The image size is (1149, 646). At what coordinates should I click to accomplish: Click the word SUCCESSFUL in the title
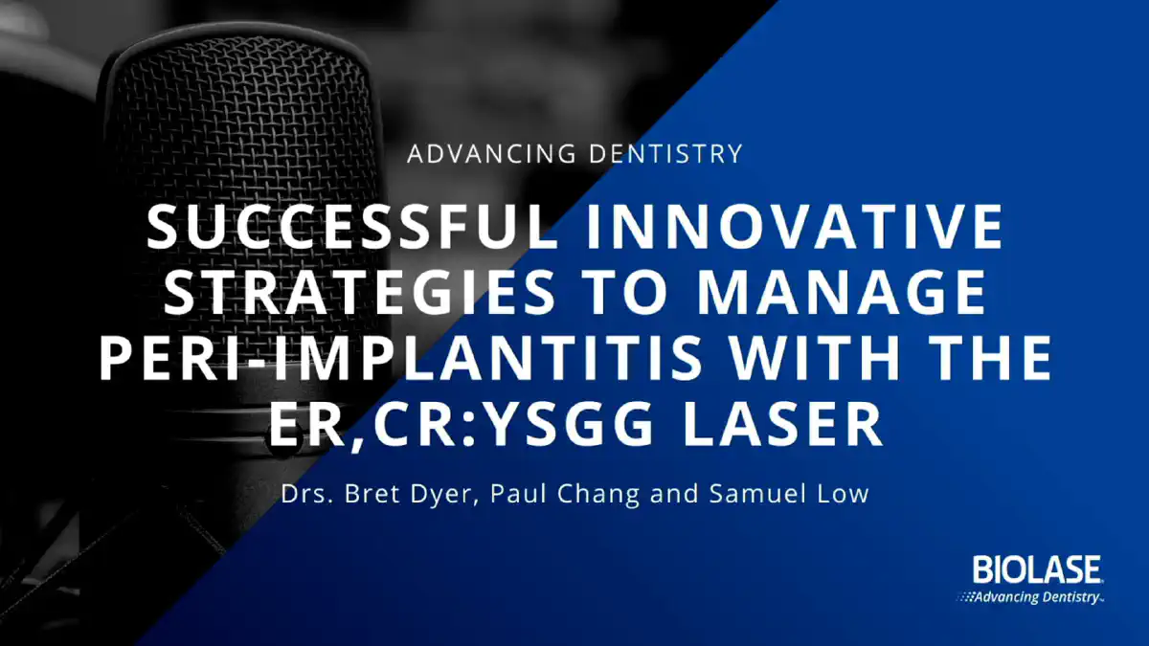[352, 227]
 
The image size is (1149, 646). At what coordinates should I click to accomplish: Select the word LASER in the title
[782, 425]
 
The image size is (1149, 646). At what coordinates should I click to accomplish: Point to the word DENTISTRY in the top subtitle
[665, 154]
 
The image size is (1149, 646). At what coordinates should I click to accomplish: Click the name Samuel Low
[789, 494]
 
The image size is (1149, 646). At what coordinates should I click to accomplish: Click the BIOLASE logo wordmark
[1037, 569]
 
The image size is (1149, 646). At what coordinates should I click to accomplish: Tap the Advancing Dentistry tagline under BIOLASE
[1031, 597]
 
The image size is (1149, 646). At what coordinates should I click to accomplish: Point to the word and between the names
[674, 494]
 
